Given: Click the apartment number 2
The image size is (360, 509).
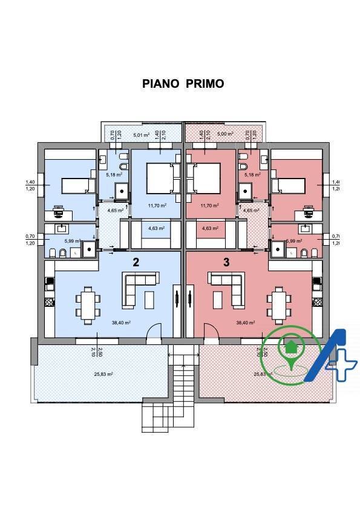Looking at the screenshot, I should pos(137,262).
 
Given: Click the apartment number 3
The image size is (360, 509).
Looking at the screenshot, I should pos(226,262).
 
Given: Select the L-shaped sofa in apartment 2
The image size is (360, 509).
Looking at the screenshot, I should pos(139,286).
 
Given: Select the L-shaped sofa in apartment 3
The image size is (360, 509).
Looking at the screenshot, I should pos(225,286).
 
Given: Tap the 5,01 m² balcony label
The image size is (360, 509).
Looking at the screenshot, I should pos(140,135).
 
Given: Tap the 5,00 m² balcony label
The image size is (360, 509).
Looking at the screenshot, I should pos(223,135).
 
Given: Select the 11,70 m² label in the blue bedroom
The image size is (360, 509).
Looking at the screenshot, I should pos(157,205).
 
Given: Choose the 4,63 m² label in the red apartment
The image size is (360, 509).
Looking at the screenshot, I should pos(210,228).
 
